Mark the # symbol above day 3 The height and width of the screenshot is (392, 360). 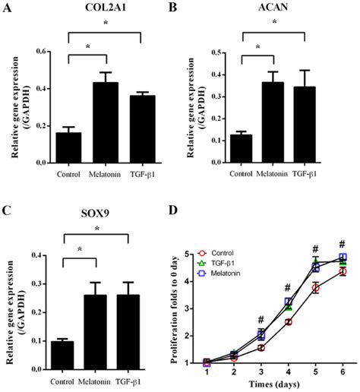(x=260, y=320)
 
